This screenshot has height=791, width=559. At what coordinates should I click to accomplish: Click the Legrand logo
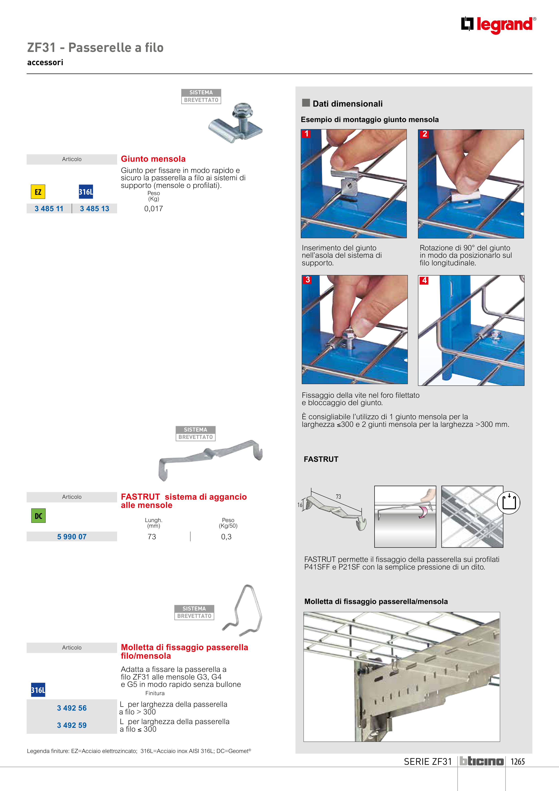(x=498, y=25)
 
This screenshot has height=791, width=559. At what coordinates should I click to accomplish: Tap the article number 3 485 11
(x=49, y=208)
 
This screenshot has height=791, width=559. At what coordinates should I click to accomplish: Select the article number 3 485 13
(x=94, y=208)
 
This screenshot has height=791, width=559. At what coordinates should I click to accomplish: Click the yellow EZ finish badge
(x=38, y=192)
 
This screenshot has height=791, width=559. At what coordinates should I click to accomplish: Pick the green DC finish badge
(x=38, y=516)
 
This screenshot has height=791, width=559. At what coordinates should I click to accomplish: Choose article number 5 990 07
(x=72, y=536)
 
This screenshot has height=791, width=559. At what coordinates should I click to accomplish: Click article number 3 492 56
(x=72, y=708)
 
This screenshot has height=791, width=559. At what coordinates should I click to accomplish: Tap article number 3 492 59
(x=72, y=725)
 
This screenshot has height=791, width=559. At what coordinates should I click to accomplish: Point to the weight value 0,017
(x=154, y=208)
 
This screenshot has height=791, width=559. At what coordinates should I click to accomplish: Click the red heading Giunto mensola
(x=153, y=159)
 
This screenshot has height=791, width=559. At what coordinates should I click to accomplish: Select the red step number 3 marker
(x=308, y=280)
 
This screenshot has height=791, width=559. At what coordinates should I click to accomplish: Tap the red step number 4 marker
(x=424, y=280)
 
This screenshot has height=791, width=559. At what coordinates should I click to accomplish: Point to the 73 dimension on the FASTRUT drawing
(x=338, y=497)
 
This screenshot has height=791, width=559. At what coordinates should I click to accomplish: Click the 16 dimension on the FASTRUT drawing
(x=300, y=505)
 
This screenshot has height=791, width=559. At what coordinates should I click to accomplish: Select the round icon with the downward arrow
(x=509, y=502)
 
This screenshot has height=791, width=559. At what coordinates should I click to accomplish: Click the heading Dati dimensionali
(x=347, y=104)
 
